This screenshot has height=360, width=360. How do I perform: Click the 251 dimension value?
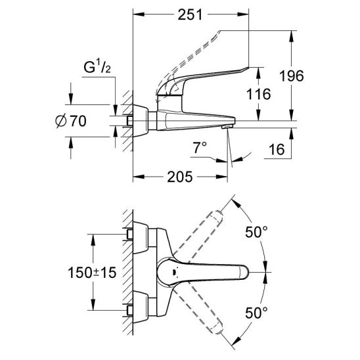pyautogui.click(x=190, y=14)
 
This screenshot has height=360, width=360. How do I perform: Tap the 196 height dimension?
pyautogui.click(x=292, y=76)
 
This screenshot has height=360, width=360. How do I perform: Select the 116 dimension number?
pyautogui.click(x=259, y=94)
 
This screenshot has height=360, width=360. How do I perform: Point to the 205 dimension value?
pyautogui.click(x=179, y=177)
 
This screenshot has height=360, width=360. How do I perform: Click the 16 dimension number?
pyautogui.click(x=277, y=150)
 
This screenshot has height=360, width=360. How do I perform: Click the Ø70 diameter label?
pyautogui.click(x=71, y=121)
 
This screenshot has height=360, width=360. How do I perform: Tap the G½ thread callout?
pyautogui.click(x=97, y=68)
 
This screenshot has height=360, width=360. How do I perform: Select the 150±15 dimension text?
pyautogui.click(x=92, y=273)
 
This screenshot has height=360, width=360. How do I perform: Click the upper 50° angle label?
pyautogui.click(x=256, y=232)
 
